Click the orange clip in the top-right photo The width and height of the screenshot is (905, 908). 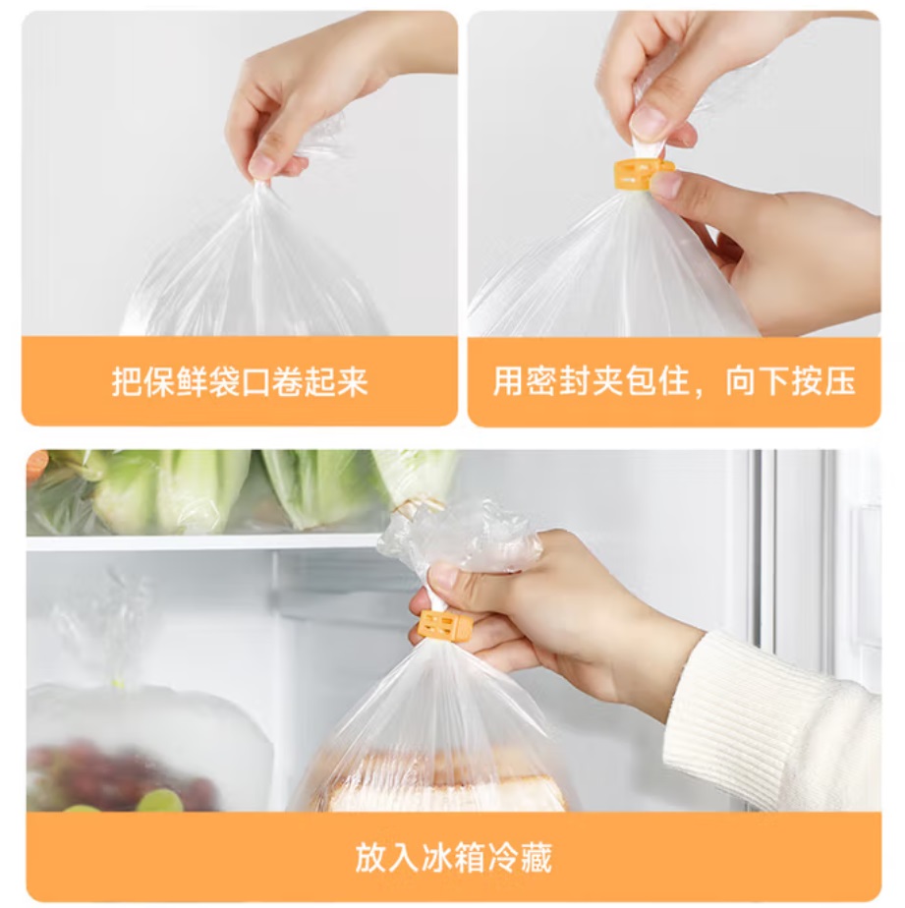[x=643, y=174]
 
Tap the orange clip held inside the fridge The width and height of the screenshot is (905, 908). [x=445, y=628]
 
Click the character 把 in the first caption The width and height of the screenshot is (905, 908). [x=127, y=381]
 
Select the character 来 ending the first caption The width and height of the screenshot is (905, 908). [x=352, y=381]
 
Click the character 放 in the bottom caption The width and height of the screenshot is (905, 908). [x=370, y=858]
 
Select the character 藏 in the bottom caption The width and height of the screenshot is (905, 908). [x=536, y=858]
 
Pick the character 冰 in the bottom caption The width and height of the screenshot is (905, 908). [x=436, y=858]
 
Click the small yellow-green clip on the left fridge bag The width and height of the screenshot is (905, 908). [x=119, y=683]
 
